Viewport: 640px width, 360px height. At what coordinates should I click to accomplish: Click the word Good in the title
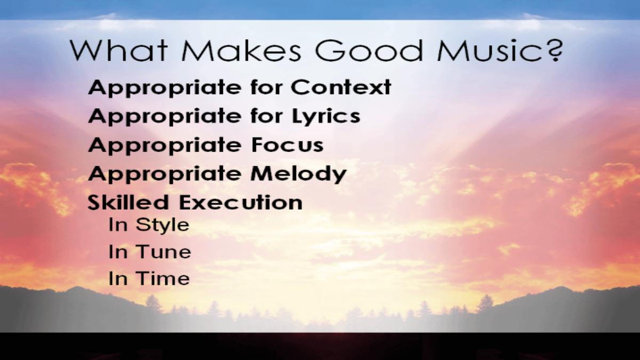[369, 50]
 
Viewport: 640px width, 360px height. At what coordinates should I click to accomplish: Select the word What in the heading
[118, 50]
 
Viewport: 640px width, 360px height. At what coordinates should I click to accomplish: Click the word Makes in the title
[241, 50]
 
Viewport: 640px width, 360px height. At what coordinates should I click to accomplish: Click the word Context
[341, 87]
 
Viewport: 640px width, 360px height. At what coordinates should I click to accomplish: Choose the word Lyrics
[326, 117]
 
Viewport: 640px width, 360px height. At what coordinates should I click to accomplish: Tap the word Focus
[287, 145]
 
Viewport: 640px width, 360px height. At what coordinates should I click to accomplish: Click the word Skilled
[129, 202]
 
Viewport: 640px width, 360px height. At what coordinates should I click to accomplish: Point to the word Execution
[241, 202]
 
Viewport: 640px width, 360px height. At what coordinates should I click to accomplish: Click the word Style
[162, 226]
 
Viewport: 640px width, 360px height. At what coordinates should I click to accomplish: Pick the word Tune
[163, 252]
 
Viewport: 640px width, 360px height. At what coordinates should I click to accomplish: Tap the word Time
[163, 278]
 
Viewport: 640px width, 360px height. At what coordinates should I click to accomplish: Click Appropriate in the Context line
[165, 88]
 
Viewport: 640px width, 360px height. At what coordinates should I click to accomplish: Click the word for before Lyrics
[267, 116]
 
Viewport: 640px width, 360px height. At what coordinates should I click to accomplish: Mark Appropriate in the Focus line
[165, 146]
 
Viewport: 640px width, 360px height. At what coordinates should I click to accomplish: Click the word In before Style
[118, 225]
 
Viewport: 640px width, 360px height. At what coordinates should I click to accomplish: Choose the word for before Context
[267, 87]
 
